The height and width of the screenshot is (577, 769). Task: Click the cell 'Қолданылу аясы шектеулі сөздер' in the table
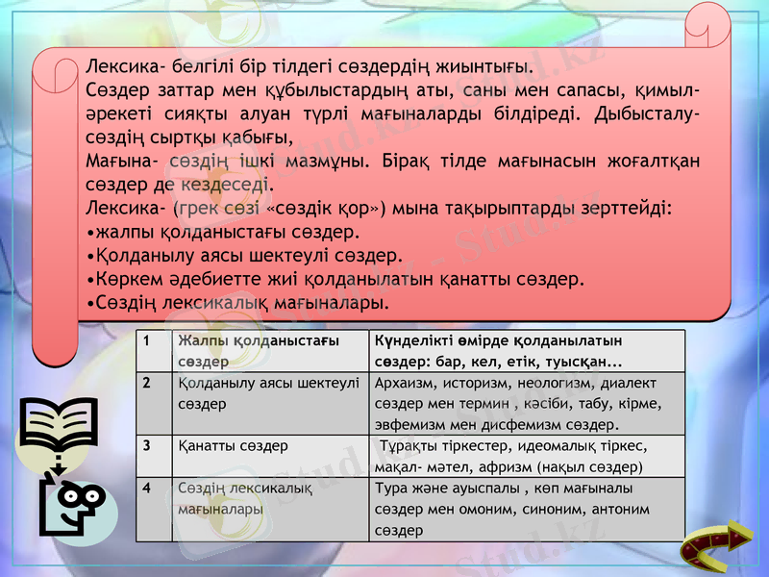coord(268,393)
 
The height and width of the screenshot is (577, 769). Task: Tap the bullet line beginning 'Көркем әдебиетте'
coord(335,280)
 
